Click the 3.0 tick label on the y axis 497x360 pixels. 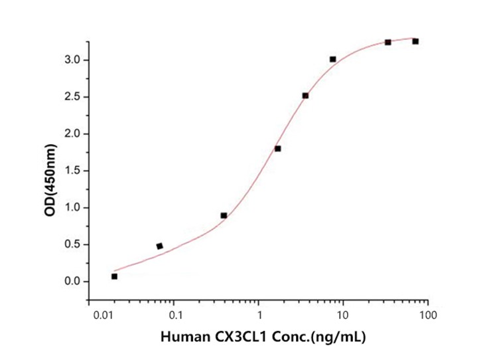pos(71,60)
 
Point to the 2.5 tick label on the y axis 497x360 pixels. pos(71,97)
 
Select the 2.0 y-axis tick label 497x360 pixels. pos(71,134)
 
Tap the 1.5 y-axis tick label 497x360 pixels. pos(71,171)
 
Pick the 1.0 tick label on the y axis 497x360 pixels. pos(71,208)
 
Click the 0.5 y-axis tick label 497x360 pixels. pos(71,244)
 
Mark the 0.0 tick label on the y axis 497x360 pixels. pos(71,282)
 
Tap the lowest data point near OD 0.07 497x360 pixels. pos(114,276)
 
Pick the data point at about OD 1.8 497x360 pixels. pos(277,148)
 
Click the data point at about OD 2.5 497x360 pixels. pos(305,96)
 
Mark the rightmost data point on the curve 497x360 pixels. pos(415,41)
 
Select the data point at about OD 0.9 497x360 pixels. pos(224,215)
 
